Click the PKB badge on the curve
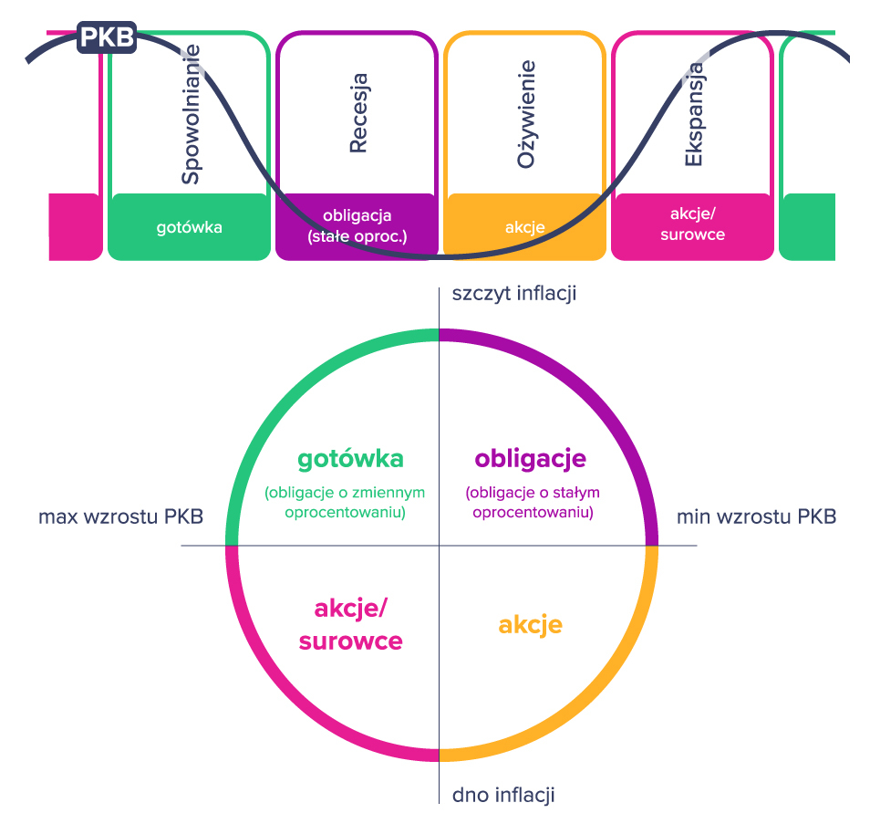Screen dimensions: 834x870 coord(108,38)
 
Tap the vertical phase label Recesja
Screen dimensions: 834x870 coord(358,113)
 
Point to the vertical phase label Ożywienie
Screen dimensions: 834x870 coord(525,113)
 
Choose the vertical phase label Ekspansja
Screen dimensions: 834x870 coord(694,113)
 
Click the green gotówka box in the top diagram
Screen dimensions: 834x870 coord(189,227)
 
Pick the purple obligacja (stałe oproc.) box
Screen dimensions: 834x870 coord(357,226)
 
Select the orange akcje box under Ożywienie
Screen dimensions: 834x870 coord(525,227)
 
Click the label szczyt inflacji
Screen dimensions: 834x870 coord(514,293)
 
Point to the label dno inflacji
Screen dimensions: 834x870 coord(503,795)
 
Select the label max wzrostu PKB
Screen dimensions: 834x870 coord(120,517)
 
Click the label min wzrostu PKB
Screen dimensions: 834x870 coord(756,517)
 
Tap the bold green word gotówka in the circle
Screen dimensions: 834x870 coord(350,458)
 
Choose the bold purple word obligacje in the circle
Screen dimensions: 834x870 coord(530,458)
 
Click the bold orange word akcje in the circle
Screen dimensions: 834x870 coord(530,625)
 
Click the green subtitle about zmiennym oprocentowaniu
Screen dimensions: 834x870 coord(345,503)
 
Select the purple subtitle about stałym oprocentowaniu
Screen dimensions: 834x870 coord(532,503)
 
